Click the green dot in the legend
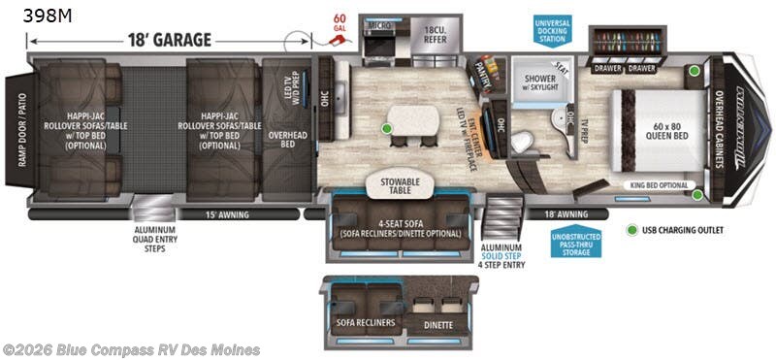[x=633, y=231]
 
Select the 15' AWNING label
[x=228, y=213]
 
